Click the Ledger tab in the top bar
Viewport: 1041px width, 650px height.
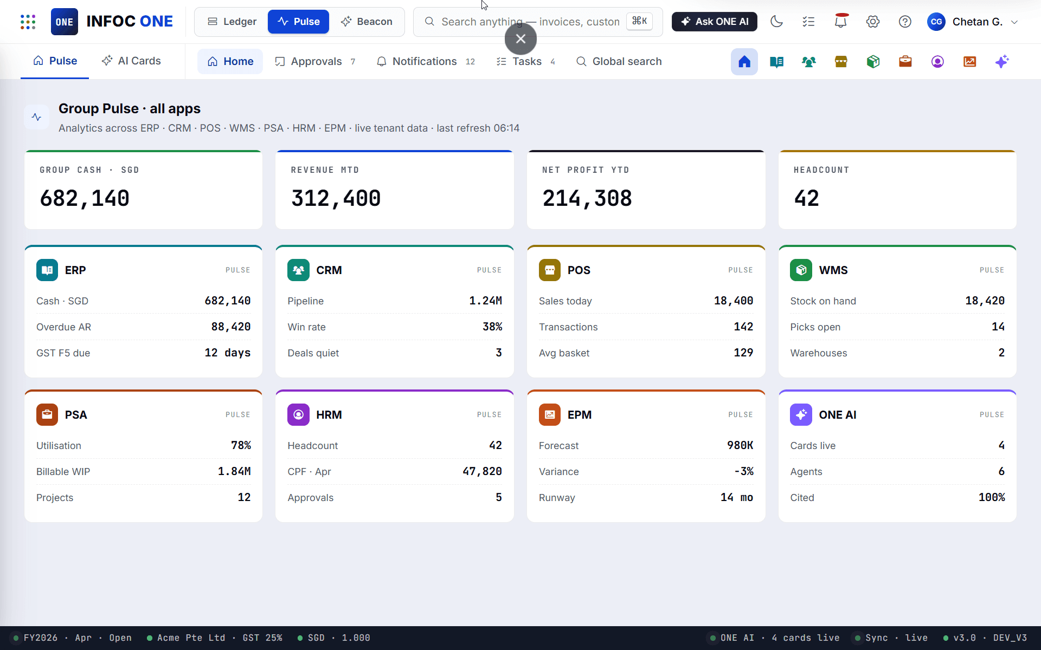click(x=232, y=22)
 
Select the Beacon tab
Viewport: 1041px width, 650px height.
click(x=367, y=22)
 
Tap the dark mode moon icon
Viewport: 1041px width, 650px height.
click(x=776, y=22)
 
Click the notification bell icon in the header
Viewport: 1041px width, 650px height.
click(x=841, y=21)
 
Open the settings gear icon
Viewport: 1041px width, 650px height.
click(x=873, y=22)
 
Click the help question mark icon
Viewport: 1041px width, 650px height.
click(x=905, y=22)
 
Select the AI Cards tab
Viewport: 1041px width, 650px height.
click(x=131, y=61)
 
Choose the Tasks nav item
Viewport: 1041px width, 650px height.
click(x=526, y=61)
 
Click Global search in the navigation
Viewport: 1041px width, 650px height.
click(x=619, y=61)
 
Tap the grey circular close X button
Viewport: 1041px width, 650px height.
click(x=520, y=39)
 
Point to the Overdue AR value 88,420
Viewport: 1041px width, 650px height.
click(x=231, y=327)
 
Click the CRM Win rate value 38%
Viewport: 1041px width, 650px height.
click(x=492, y=327)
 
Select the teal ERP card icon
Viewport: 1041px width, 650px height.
click(x=47, y=270)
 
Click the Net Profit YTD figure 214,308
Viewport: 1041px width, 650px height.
click(x=587, y=198)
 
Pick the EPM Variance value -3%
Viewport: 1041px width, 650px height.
click(x=744, y=471)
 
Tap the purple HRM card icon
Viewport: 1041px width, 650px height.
click(x=298, y=415)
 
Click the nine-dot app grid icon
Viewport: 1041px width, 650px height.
click(x=28, y=22)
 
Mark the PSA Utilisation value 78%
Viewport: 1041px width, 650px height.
click(x=241, y=445)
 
